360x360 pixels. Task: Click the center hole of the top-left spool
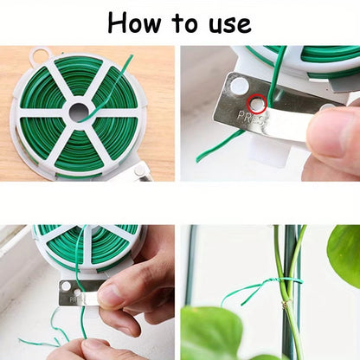(x=79, y=112)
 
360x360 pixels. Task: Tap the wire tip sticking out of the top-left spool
(x=130, y=58)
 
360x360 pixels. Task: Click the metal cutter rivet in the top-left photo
(x=138, y=174)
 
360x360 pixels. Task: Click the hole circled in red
(x=257, y=105)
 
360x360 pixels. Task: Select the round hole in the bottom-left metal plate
(x=66, y=286)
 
